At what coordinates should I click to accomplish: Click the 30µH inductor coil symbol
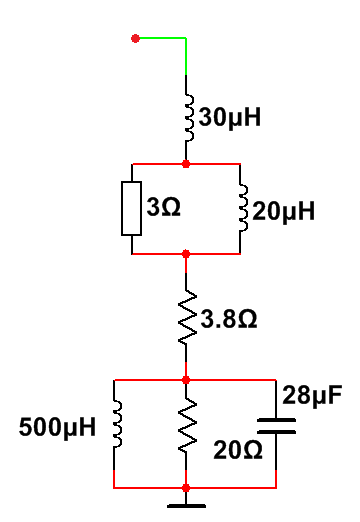pyautogui.click(x=189, y=118)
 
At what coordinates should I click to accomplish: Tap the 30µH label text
pyautogui.click(x=230, y=117)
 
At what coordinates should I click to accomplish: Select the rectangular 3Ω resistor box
pyautogui.click(x=131, y=209)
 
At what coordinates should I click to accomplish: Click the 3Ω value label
pyautogui.click(x=163, y=207)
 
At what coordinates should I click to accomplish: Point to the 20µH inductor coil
pyautogui.click(x=244, y=208)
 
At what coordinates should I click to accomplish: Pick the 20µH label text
pyautogui.click(x=283, y=211)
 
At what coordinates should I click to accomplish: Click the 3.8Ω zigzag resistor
pyautogui.click(x=187, y=317)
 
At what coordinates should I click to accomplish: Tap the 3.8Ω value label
pyautogui.click(x=229, y=319)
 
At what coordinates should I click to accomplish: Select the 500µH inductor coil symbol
pyautogui.click(x=118, y=424)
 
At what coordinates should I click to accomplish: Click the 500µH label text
pyautogui.click(x=57, y=427)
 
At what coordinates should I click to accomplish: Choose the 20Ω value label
pyautogui.click(x=238, y=450)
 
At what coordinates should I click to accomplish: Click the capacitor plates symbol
pyautogui.click(x=276, y=426)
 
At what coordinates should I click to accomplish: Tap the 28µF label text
pyautogui.click(x=312, y=396)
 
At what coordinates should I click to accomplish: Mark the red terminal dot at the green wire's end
pyautogui.click(x=135, y=39)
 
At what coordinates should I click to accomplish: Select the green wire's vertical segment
pyautogui.click(x=186, y=56)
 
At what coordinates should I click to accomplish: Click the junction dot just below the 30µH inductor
pyautogui.click(x=186, y=164)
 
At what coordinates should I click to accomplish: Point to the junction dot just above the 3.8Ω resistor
pyautogui.click(x=186, y=254)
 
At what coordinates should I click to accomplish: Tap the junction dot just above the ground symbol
pyautogui.click(x=186, y=488)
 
